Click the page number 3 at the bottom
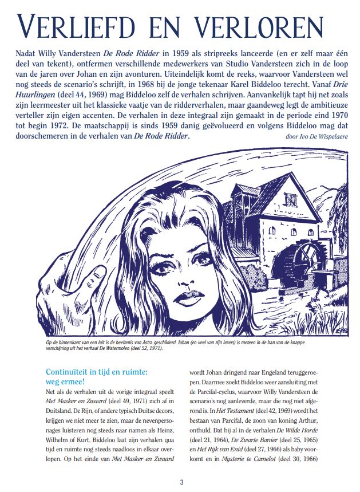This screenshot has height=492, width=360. point(181,481)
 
